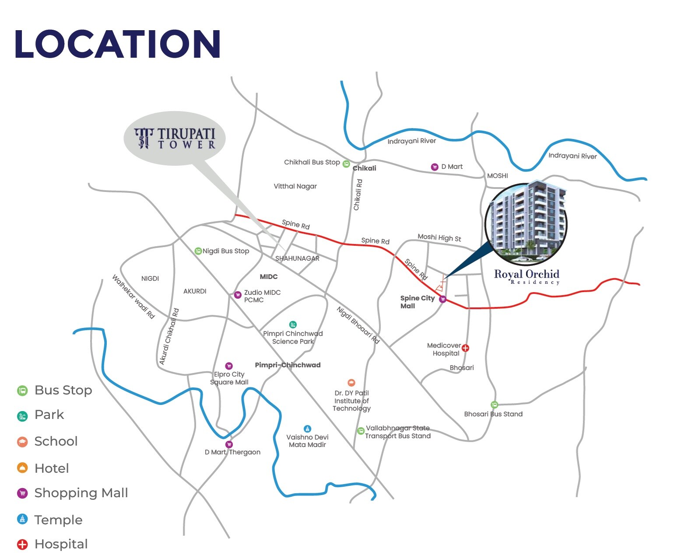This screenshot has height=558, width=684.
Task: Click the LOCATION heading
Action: click(x=117, y=44)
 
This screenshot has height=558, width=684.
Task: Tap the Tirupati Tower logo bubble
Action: click(x=175, y=138)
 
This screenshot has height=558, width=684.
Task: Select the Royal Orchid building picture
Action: click(x=526, y=224)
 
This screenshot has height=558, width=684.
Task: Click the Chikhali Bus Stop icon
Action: click(x=346, y=164)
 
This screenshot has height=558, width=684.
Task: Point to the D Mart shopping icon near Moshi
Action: click(x=435, y=167)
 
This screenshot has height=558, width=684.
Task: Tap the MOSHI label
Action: click(x=498, y=176)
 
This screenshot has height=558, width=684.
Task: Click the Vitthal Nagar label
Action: click(x=295, y=186)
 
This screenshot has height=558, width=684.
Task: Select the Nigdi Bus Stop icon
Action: click(x=198, y=251)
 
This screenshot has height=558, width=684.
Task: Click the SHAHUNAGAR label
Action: click(x=297, y=258)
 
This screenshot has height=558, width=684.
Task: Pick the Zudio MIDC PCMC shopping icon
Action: click(x=238, y=295)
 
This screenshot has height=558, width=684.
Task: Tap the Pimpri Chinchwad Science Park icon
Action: click(x=293, y=324)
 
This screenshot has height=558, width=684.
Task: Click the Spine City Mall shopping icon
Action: click(x=442, y=299)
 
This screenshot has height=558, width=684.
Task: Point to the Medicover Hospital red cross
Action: click(x=466, y=348)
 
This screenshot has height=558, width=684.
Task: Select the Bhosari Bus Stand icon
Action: click(x=494, y=405)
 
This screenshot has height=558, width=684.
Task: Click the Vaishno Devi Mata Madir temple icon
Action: click(x=307, y=429)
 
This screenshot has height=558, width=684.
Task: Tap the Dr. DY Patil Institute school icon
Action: click(x=351, y=383)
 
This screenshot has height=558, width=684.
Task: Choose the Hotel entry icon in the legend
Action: click(x=22, y=468)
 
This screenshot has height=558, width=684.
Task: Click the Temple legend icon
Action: click(x=22, y=519)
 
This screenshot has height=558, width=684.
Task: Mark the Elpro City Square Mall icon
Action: click(x=228, y=366)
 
